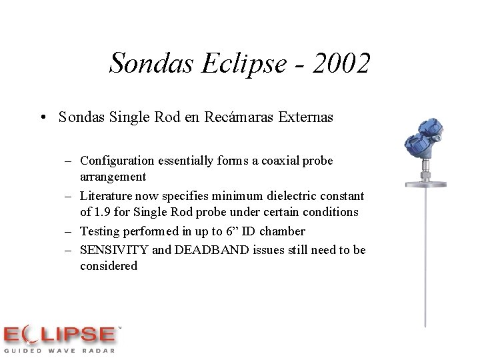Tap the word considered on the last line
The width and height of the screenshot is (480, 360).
click(x=109, y=266)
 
